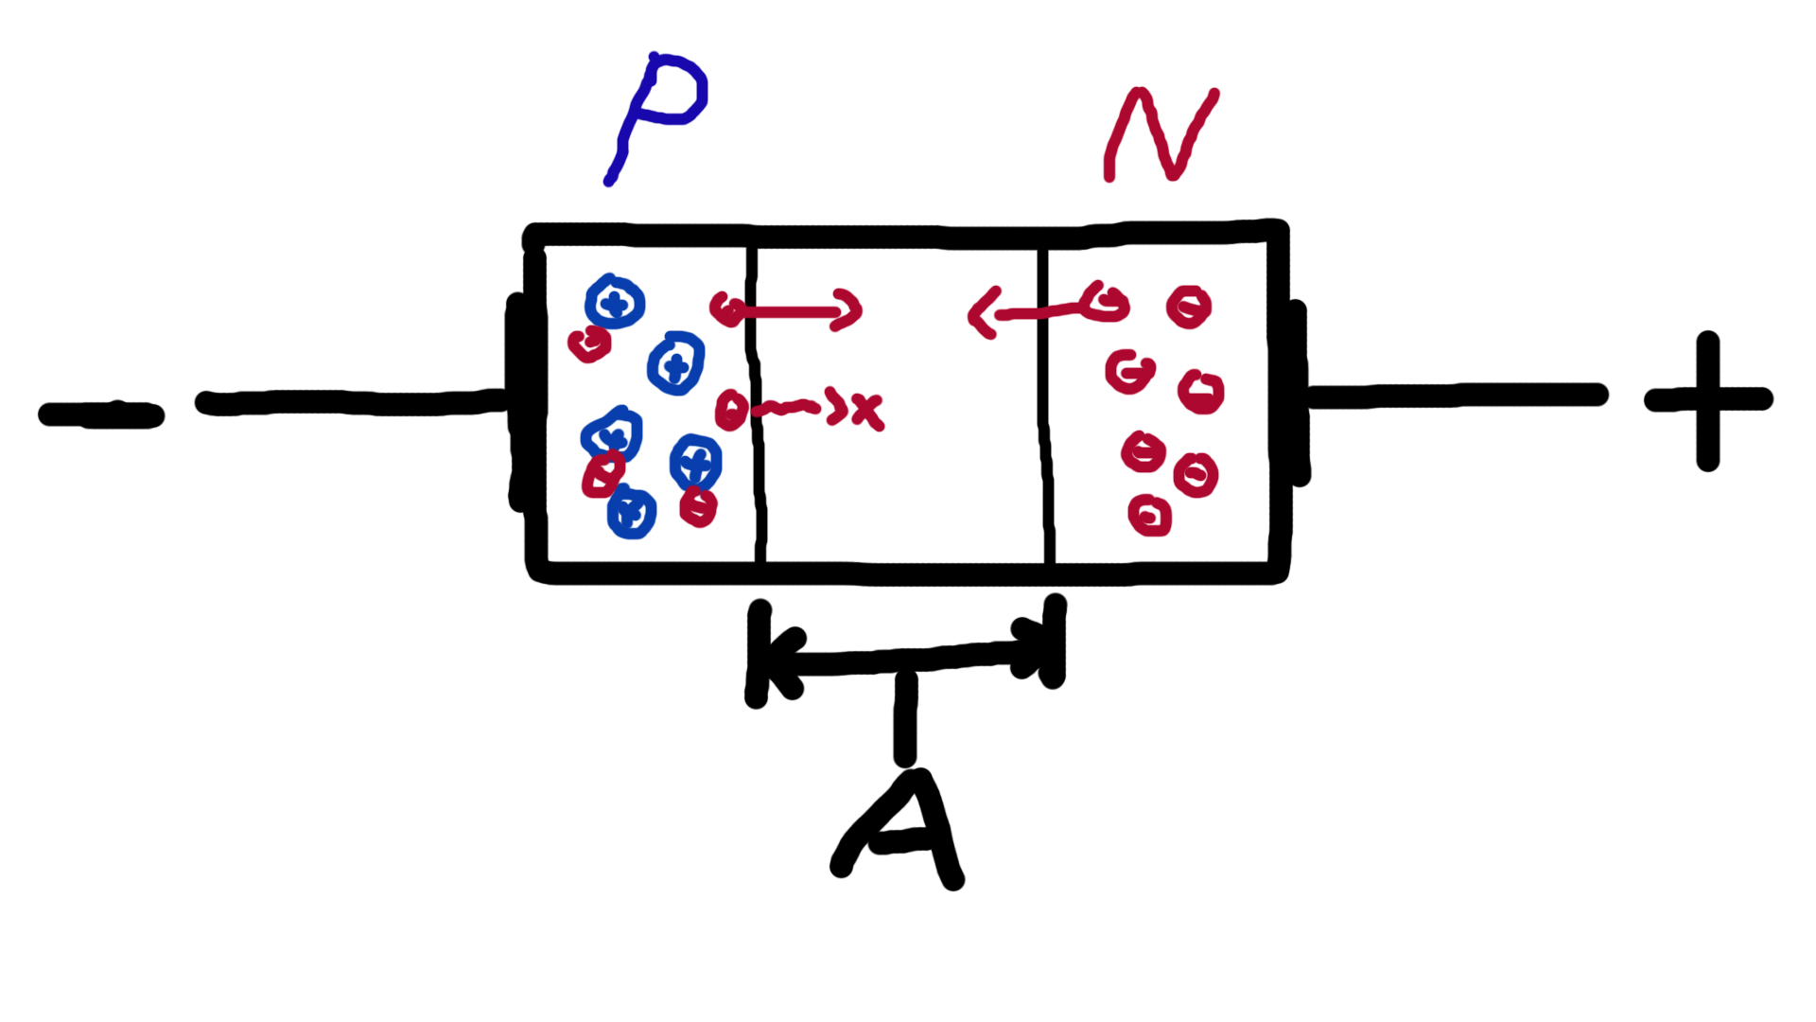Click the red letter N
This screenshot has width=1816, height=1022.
1161,134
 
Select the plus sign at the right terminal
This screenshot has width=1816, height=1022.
1708,400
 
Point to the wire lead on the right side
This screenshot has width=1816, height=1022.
1457,396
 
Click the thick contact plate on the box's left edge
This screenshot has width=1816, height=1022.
517,402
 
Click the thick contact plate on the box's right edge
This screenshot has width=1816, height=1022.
1298,393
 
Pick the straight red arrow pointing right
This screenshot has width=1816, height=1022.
794,309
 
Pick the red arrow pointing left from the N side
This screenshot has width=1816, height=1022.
1031,310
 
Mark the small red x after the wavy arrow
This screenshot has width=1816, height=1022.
867,412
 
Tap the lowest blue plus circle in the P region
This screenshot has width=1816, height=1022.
632,514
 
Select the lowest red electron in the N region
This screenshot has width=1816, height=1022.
1150,516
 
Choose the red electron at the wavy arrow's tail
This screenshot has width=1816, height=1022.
730,410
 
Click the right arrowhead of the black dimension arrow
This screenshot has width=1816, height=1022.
1031,647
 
